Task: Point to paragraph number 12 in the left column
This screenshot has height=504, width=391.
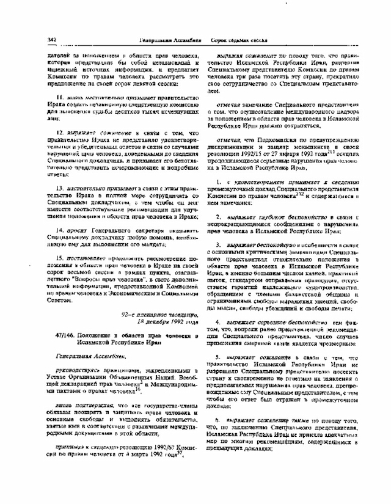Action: click(x=60, y=133)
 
